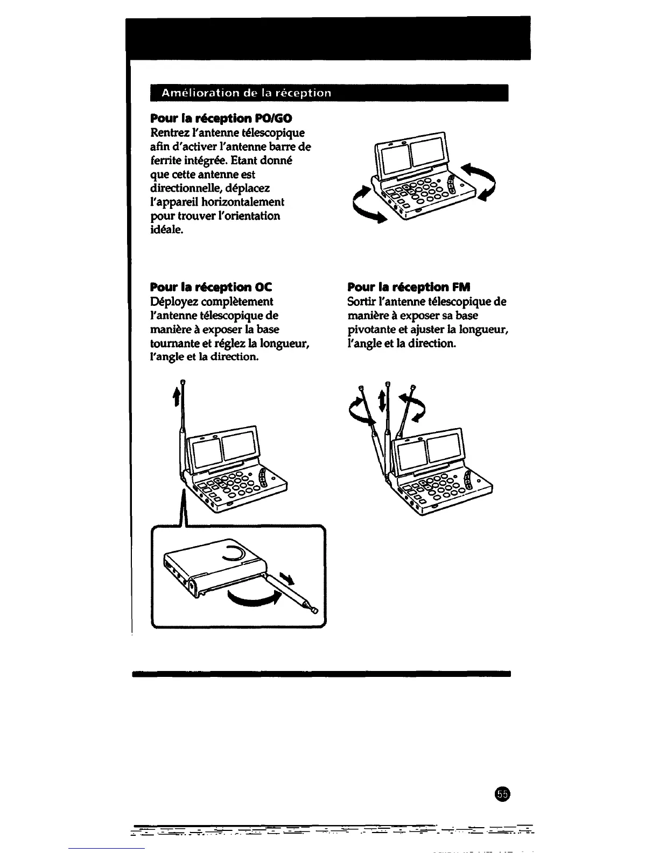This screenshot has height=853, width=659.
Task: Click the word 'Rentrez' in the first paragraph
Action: click(x=167, y=132)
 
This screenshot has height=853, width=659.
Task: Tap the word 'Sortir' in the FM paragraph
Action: click(x=362, y=302)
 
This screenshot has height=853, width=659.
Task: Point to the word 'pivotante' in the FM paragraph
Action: click(x=371, y=330)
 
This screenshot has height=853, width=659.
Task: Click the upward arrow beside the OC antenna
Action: click(x=174, y=398)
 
